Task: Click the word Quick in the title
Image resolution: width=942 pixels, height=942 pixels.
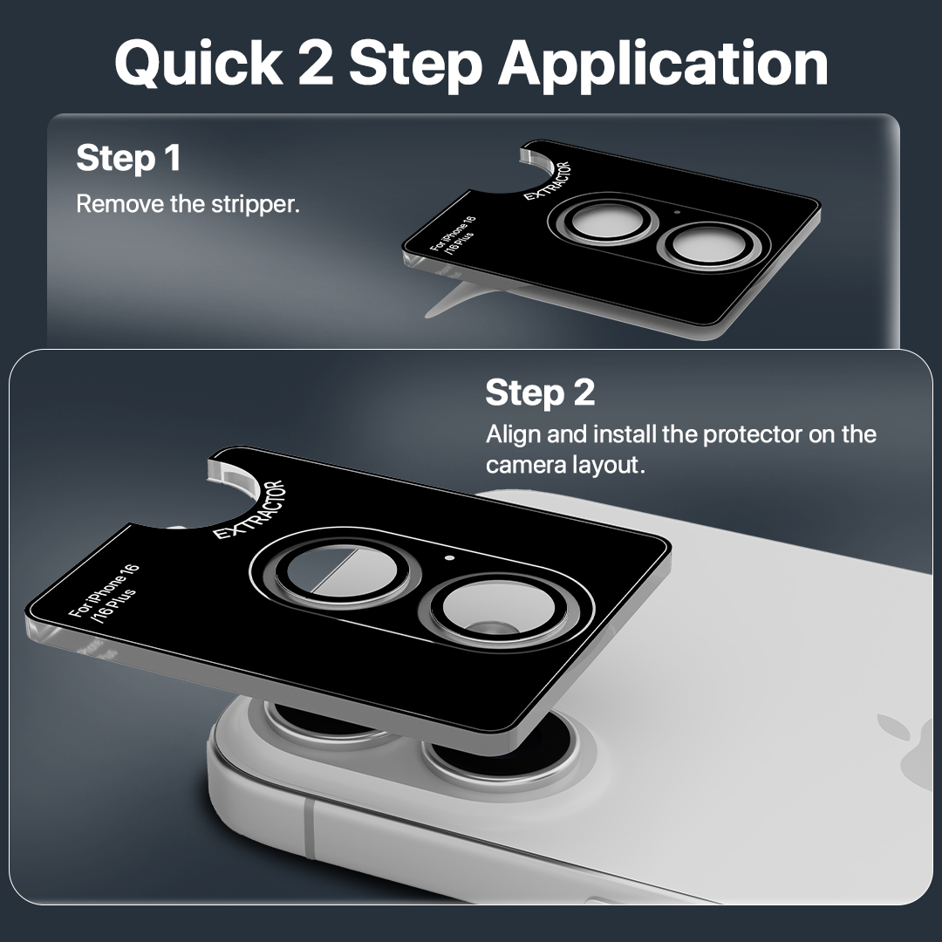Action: (199, 64)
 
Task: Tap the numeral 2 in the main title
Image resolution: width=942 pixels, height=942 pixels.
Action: (316, 63)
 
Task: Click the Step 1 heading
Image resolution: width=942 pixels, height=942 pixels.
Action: (128, 158)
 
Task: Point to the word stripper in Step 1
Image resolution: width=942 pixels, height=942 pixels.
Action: (256, 206)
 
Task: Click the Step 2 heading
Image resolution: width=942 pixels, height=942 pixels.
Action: (540, 392)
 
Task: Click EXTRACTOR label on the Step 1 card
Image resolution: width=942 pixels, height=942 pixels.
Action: (547, 181)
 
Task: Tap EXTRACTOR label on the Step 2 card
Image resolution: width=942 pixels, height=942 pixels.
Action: (249, 510)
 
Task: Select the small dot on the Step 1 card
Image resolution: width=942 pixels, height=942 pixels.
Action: (678, 212)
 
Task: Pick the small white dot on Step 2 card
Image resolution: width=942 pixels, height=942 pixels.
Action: (449, 558)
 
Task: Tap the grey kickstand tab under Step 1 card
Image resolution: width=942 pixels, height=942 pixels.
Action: (452, 301)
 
